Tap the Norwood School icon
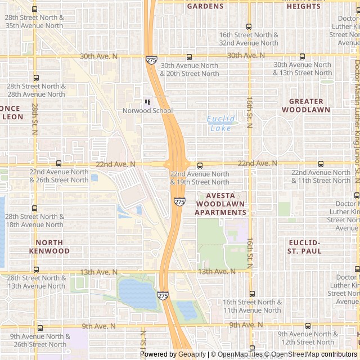pos(147,102)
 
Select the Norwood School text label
pos(147,111)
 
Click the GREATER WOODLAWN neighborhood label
pos(306,106)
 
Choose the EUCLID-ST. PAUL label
pos(304,247)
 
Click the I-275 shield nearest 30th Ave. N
pos(151,59)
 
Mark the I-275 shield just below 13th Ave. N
pos(163,295)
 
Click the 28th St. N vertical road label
pos(35,118)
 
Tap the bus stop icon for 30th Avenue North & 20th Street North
pos(189,57)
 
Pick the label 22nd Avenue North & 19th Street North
pos(200,178)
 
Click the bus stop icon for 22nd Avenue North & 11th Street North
pos(321,164)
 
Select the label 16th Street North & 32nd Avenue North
pos(249,39)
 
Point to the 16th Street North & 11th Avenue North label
pos(252,306)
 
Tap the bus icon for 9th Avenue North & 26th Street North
pos(39,328)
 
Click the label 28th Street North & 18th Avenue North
pos(34,220)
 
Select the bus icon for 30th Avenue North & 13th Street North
pos(303,57)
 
